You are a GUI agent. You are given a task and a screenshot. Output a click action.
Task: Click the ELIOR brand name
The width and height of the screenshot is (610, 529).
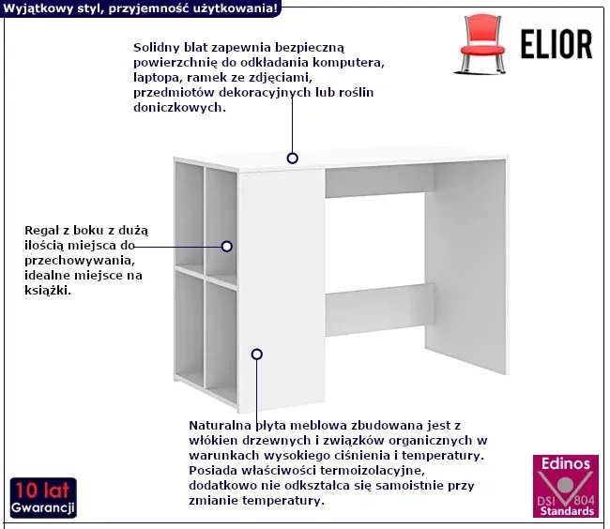[557, 45]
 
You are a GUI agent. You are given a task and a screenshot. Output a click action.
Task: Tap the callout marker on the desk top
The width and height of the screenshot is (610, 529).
[292, 159]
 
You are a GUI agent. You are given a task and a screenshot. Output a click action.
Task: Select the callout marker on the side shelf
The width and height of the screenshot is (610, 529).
[227, 246]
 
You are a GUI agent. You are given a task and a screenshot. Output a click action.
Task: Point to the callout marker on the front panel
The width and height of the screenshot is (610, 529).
[257, 355]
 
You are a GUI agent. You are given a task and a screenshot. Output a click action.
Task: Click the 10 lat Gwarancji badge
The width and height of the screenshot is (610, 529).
[43, 498]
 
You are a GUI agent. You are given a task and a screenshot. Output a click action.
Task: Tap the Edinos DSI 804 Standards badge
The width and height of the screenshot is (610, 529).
[566, 486]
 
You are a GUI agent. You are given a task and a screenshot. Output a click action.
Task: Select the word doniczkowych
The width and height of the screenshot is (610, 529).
[179, 107]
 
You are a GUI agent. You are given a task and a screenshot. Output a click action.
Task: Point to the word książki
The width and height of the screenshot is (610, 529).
[48, 291]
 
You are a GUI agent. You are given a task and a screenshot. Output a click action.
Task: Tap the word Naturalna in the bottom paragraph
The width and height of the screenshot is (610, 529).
[220, 425]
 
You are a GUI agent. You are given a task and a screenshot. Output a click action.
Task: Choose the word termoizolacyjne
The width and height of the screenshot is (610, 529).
[373, 471]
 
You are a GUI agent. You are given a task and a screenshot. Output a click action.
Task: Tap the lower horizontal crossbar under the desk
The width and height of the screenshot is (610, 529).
[379, 310]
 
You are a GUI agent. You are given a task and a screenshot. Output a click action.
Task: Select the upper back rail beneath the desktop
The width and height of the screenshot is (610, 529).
[379, 181]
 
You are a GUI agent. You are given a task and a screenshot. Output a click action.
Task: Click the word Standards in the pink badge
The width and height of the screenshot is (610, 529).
[567, 510]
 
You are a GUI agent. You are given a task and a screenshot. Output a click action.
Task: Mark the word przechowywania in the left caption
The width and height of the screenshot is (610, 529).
[80, 261]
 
